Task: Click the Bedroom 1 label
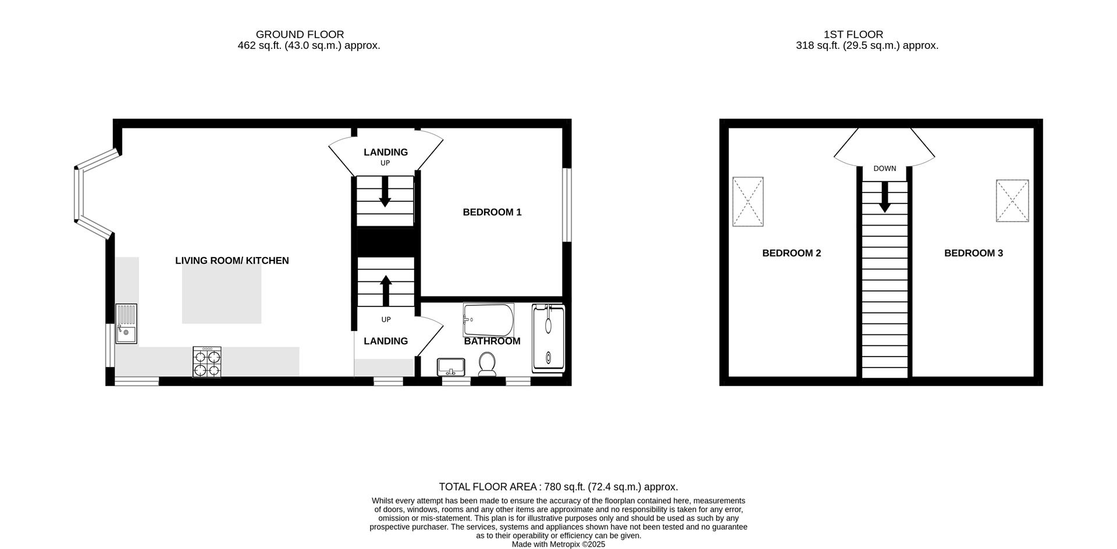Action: pyautogui.click(x=492, y=212)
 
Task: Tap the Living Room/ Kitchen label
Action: pyautogui.click(x=232, y=261)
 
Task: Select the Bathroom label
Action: pyautogui.click(x=492, y=341)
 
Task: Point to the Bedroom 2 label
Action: pyautogui.click(x=791, y=253)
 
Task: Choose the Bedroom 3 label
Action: pyautogui.click(x=973, y=253)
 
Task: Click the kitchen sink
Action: pyautogui.click(x=126, y=324)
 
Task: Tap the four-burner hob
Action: pyautogui.click(x=207, y=362)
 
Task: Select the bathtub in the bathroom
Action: pyautogui.click(x=488, y=319)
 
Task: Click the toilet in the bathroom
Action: pyautogui.click(x=486, y=365)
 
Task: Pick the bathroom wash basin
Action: pyautogui.click(x=451, y=367)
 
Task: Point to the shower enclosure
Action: pyautogui.click(x=548, y=338)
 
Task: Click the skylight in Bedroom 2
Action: pyautogui.click(x=748, y=201)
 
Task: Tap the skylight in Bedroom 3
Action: pyautogui.click(x=1012, y=201)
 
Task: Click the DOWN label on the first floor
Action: pyautogui.click(x=884, y=169)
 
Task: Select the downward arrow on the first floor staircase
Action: pyautogui.click(x=884, y=198)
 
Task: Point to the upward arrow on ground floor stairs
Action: pyautogui.click(x=386, y=290)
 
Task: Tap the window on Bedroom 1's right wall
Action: pyautogui.click(x=567, y=205)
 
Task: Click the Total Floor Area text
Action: pyautogui.click(x=558, y=487)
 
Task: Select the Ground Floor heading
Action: pyautogui.click(x=300, y=34)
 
